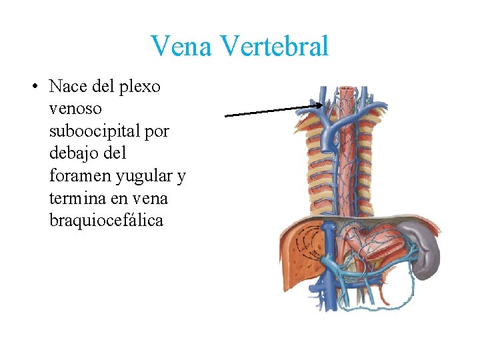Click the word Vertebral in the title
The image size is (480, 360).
pyautogui.click(x=273, y=47)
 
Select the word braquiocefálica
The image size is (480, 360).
pyautogui.click(x=106, y=221)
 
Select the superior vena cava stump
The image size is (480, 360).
pyautogui.click(x=328, y=140)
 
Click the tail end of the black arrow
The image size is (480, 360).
pyautogui.click(x=227, y=115)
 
